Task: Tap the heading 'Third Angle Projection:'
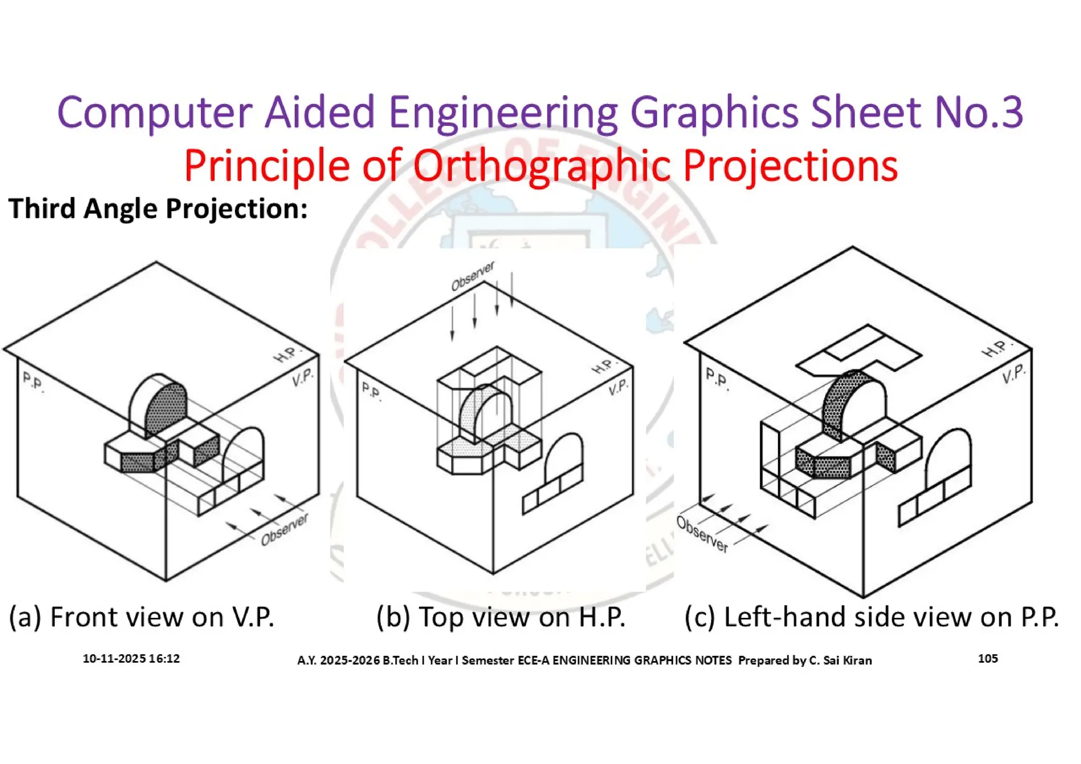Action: [158, 209]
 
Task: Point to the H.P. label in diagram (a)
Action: [287, 354]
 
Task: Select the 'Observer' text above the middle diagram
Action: [472, 276]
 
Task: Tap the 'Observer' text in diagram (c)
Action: [702, 534]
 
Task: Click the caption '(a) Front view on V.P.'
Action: [141, 617]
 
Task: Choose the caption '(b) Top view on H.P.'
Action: [500, 617]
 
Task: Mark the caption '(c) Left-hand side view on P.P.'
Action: [871, 617]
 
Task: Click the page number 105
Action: [988, 658]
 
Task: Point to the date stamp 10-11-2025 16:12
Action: [131, 658]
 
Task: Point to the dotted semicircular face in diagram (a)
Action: [167, 408]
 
